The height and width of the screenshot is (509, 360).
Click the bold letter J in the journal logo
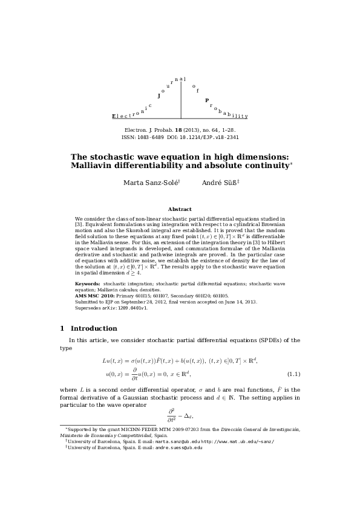click(x=159, y=96)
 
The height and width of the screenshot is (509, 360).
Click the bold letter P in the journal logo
click(x=206, y=100)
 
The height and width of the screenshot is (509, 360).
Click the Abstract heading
click(x=180, y=209)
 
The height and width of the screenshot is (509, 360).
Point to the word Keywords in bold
click(x=88, y=283)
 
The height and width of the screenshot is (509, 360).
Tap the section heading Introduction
click(x=94, y=328)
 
